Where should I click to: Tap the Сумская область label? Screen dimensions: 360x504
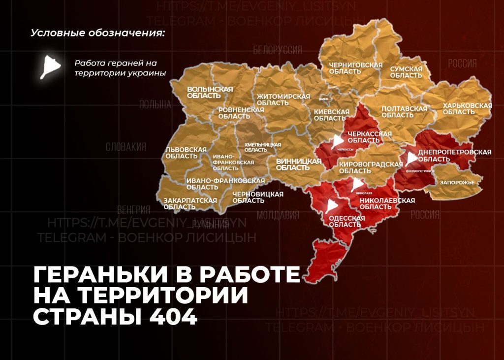406,72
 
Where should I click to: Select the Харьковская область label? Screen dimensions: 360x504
467,109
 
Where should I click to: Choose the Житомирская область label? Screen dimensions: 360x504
283,99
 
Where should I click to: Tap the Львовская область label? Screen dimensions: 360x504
185,152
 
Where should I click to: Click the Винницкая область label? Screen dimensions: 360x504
298,164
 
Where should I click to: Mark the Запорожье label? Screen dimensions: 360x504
457,182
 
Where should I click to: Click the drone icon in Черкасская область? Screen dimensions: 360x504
337,142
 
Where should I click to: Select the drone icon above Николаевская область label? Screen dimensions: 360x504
356,185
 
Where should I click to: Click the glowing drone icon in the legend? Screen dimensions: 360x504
51,65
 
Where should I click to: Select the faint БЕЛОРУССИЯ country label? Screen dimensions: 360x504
278,51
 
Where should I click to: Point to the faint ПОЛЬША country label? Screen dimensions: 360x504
155,104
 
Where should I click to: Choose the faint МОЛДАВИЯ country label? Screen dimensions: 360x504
278,215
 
